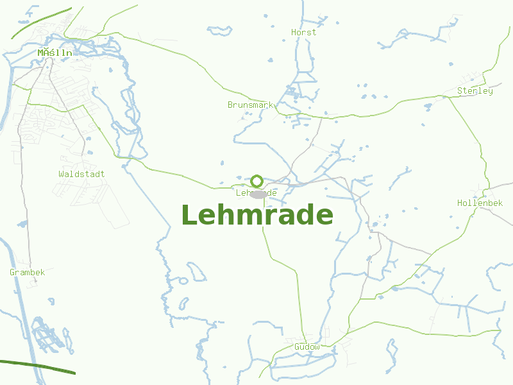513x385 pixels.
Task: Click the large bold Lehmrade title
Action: click(x=257, y=215)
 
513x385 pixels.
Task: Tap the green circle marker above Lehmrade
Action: click(x=256, y=181)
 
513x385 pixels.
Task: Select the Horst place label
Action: click(x=303, y=32)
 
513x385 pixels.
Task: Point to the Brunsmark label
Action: click(x=250, y=105)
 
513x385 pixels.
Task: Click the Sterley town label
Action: click(x=475, y=91)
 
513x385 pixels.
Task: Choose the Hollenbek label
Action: click(x=480, y=203)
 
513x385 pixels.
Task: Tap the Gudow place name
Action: click(x=307, y=347)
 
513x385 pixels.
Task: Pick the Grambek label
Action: click(x=27, y=273)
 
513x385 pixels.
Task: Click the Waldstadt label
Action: click(x=81, y=174)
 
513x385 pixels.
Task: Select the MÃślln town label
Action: click(x=55, y=53)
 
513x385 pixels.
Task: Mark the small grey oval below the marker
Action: click(x=258, y=194)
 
